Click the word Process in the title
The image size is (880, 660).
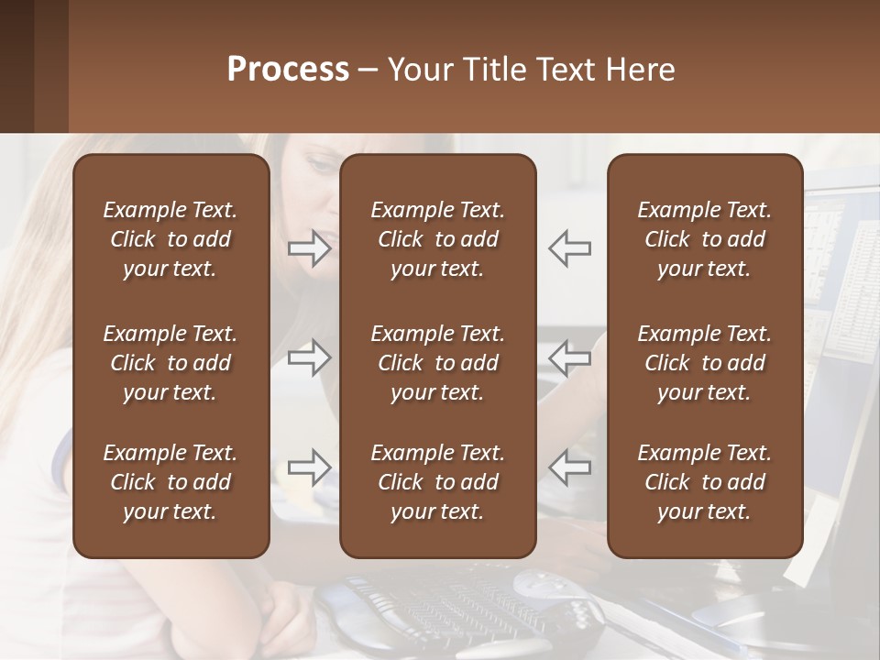[x=288, y=69]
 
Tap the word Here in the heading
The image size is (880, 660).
[x=640, y=69]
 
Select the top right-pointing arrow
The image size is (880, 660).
[x=310, y=247]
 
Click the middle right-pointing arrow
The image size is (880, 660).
[x=310, y=357]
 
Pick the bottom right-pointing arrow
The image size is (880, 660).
[x=310, y=467]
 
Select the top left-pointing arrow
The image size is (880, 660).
[x=569, y=247]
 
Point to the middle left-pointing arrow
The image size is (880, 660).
[x=569, y=357]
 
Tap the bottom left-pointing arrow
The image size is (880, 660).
[x=569, y=467]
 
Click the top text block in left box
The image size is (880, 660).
[x=170, y=239]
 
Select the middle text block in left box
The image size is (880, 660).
[x=170, y=363]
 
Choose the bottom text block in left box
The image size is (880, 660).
[x=170, y=482]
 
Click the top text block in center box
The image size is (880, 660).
[x=438, y=239]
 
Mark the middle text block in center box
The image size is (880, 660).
[x=438, y=363]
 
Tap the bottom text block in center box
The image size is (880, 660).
[x=438, y=482]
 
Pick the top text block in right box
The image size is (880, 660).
[x=705, y=239]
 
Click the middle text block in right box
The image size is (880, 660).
[x=705, y=363]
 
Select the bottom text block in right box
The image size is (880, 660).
[x=705, y=482]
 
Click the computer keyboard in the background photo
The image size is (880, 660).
[x=440, y=605]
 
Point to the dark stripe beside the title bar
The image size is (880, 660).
[x=16, y=66]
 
